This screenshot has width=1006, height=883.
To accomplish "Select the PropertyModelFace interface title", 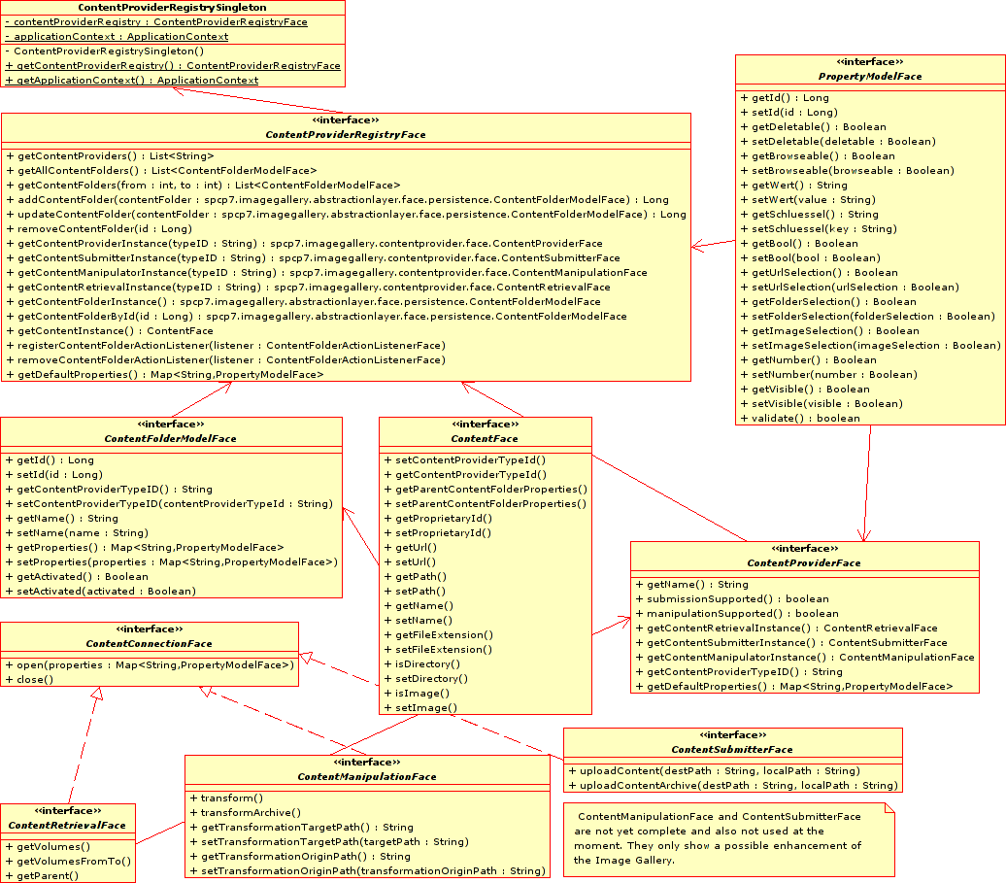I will pos(869,76).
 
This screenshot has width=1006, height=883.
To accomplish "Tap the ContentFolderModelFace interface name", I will pos(170,438).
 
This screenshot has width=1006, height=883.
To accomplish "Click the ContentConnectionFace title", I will pos(149,643).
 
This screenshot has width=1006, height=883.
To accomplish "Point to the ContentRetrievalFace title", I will pos(67,825).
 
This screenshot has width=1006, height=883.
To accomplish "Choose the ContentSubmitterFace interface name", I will pos(731,749).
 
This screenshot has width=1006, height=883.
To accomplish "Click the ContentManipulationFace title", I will pos(366,776).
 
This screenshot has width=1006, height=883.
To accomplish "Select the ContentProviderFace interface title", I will pos(803,562).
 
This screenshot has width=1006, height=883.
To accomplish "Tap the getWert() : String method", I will pos(799,185).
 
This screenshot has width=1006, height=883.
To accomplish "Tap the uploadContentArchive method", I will pos(732,785).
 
